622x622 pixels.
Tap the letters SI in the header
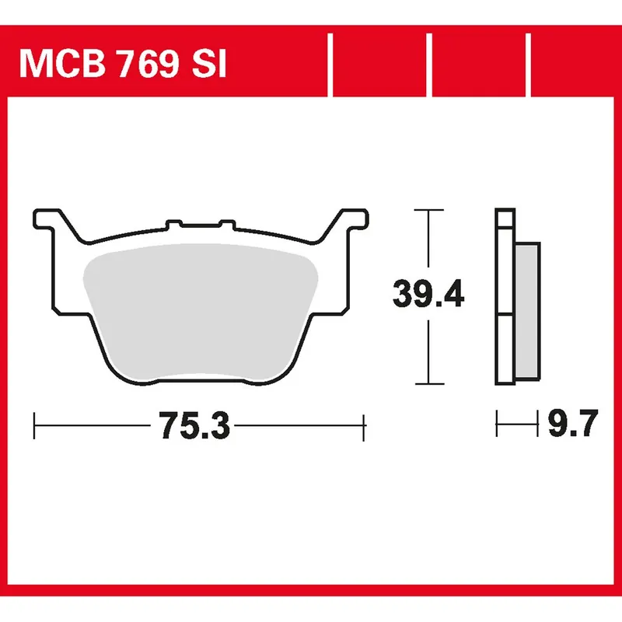[208, 65]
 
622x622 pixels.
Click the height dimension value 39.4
[428, 295]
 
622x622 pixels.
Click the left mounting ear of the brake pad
[48, 218]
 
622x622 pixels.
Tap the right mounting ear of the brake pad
[351, 218]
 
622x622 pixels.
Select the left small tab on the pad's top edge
[173, 226]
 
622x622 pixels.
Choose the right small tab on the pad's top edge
[227, 226]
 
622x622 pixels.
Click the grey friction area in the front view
[200, 311]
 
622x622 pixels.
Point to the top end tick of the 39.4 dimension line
[428, 210]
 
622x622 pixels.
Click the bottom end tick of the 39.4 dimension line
[428, 383]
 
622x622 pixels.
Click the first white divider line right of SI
[332, 65]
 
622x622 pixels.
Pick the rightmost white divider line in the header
[529, 65]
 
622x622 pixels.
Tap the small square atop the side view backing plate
[505, 218]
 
